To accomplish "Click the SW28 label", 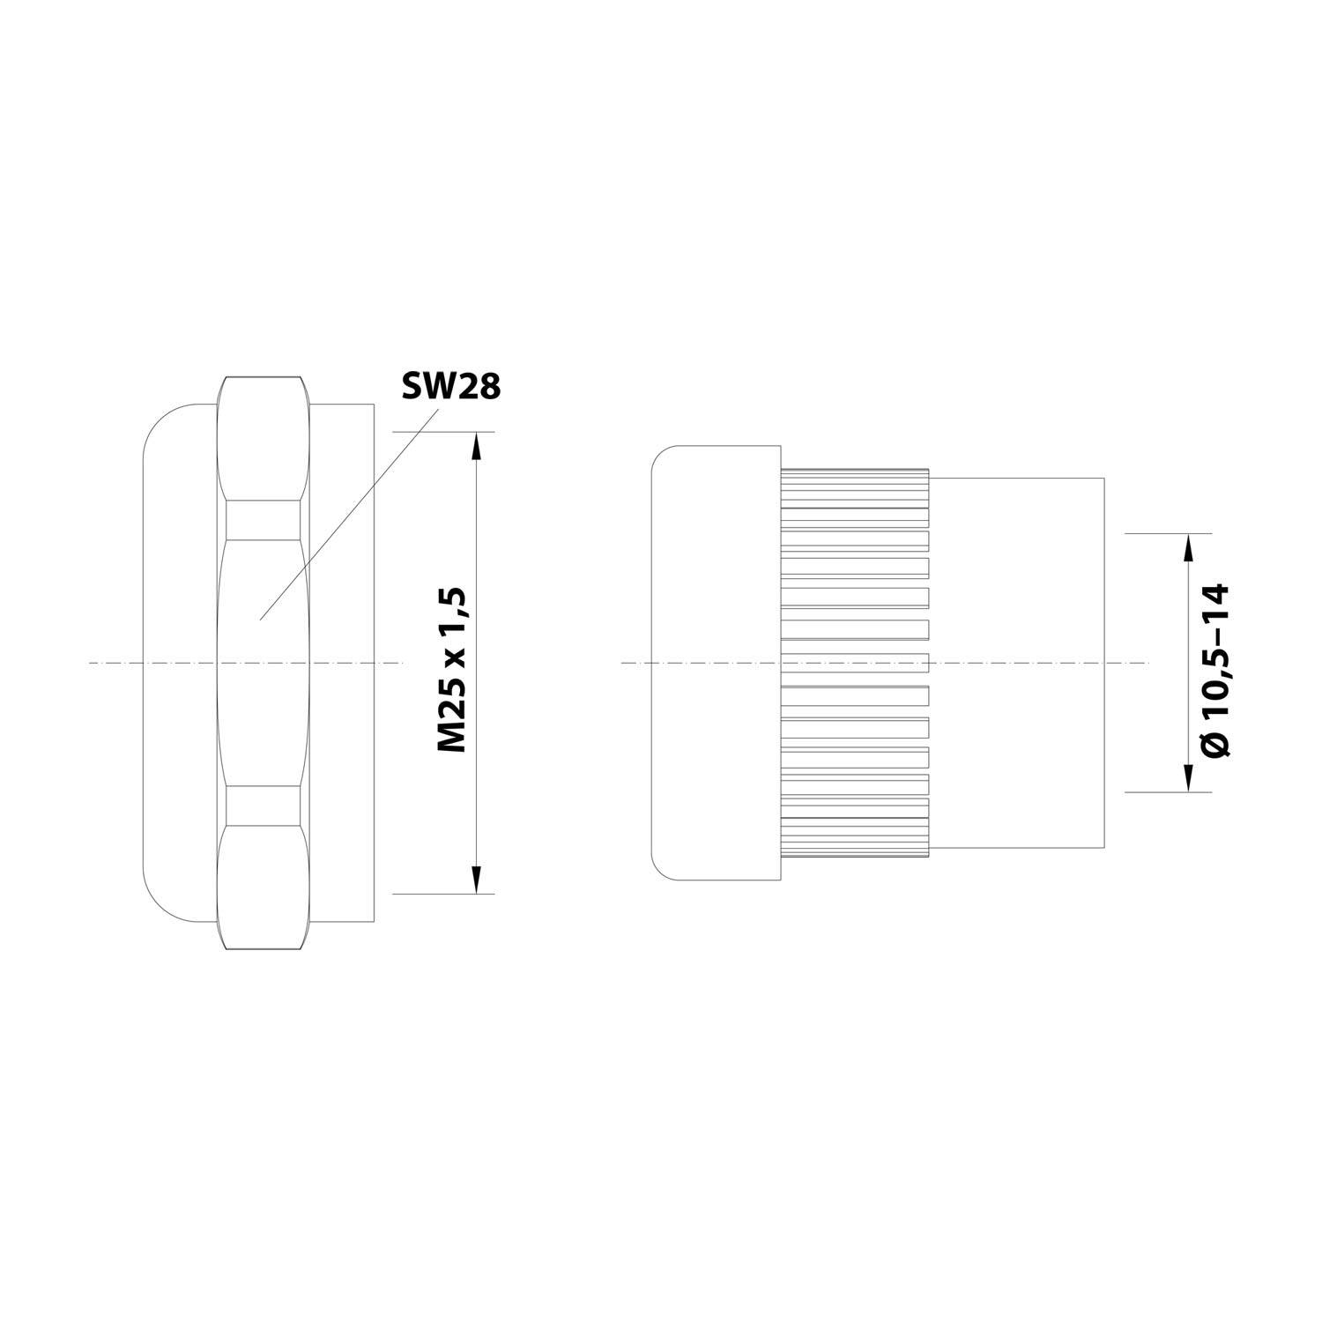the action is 449,386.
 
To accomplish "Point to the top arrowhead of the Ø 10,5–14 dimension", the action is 1187,547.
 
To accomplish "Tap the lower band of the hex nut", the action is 264,805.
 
